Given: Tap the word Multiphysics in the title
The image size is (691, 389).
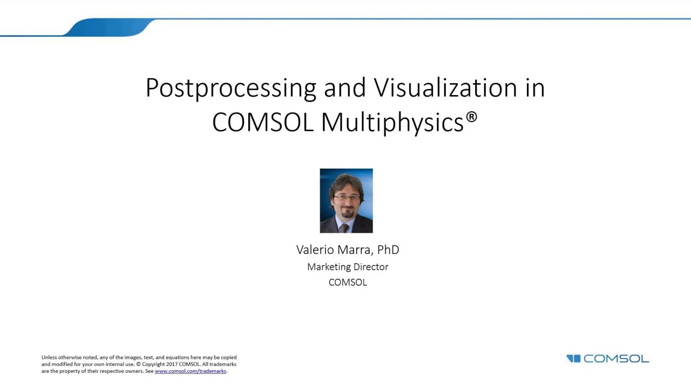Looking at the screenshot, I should coord(392,123).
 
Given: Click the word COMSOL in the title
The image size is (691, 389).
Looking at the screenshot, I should coord(263,123).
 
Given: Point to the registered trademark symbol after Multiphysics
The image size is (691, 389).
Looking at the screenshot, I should coord(471,117).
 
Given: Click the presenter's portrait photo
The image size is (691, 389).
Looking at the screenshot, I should coord(346,200).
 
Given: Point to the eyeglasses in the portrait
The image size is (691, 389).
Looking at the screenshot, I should coord(346,198).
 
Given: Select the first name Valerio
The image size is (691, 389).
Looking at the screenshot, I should coord(316,250).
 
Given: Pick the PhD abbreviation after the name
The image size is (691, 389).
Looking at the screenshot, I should coord(388,250).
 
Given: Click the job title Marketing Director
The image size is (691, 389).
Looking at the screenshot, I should coord(348,267).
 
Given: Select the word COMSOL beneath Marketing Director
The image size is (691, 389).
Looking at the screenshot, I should coord(348,282).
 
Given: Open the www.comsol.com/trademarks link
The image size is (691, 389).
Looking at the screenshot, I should coord(190,371).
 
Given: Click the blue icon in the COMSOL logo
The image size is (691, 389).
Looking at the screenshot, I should coord(573,359).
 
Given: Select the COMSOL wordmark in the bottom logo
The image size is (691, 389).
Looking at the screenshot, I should coord(616,359).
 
